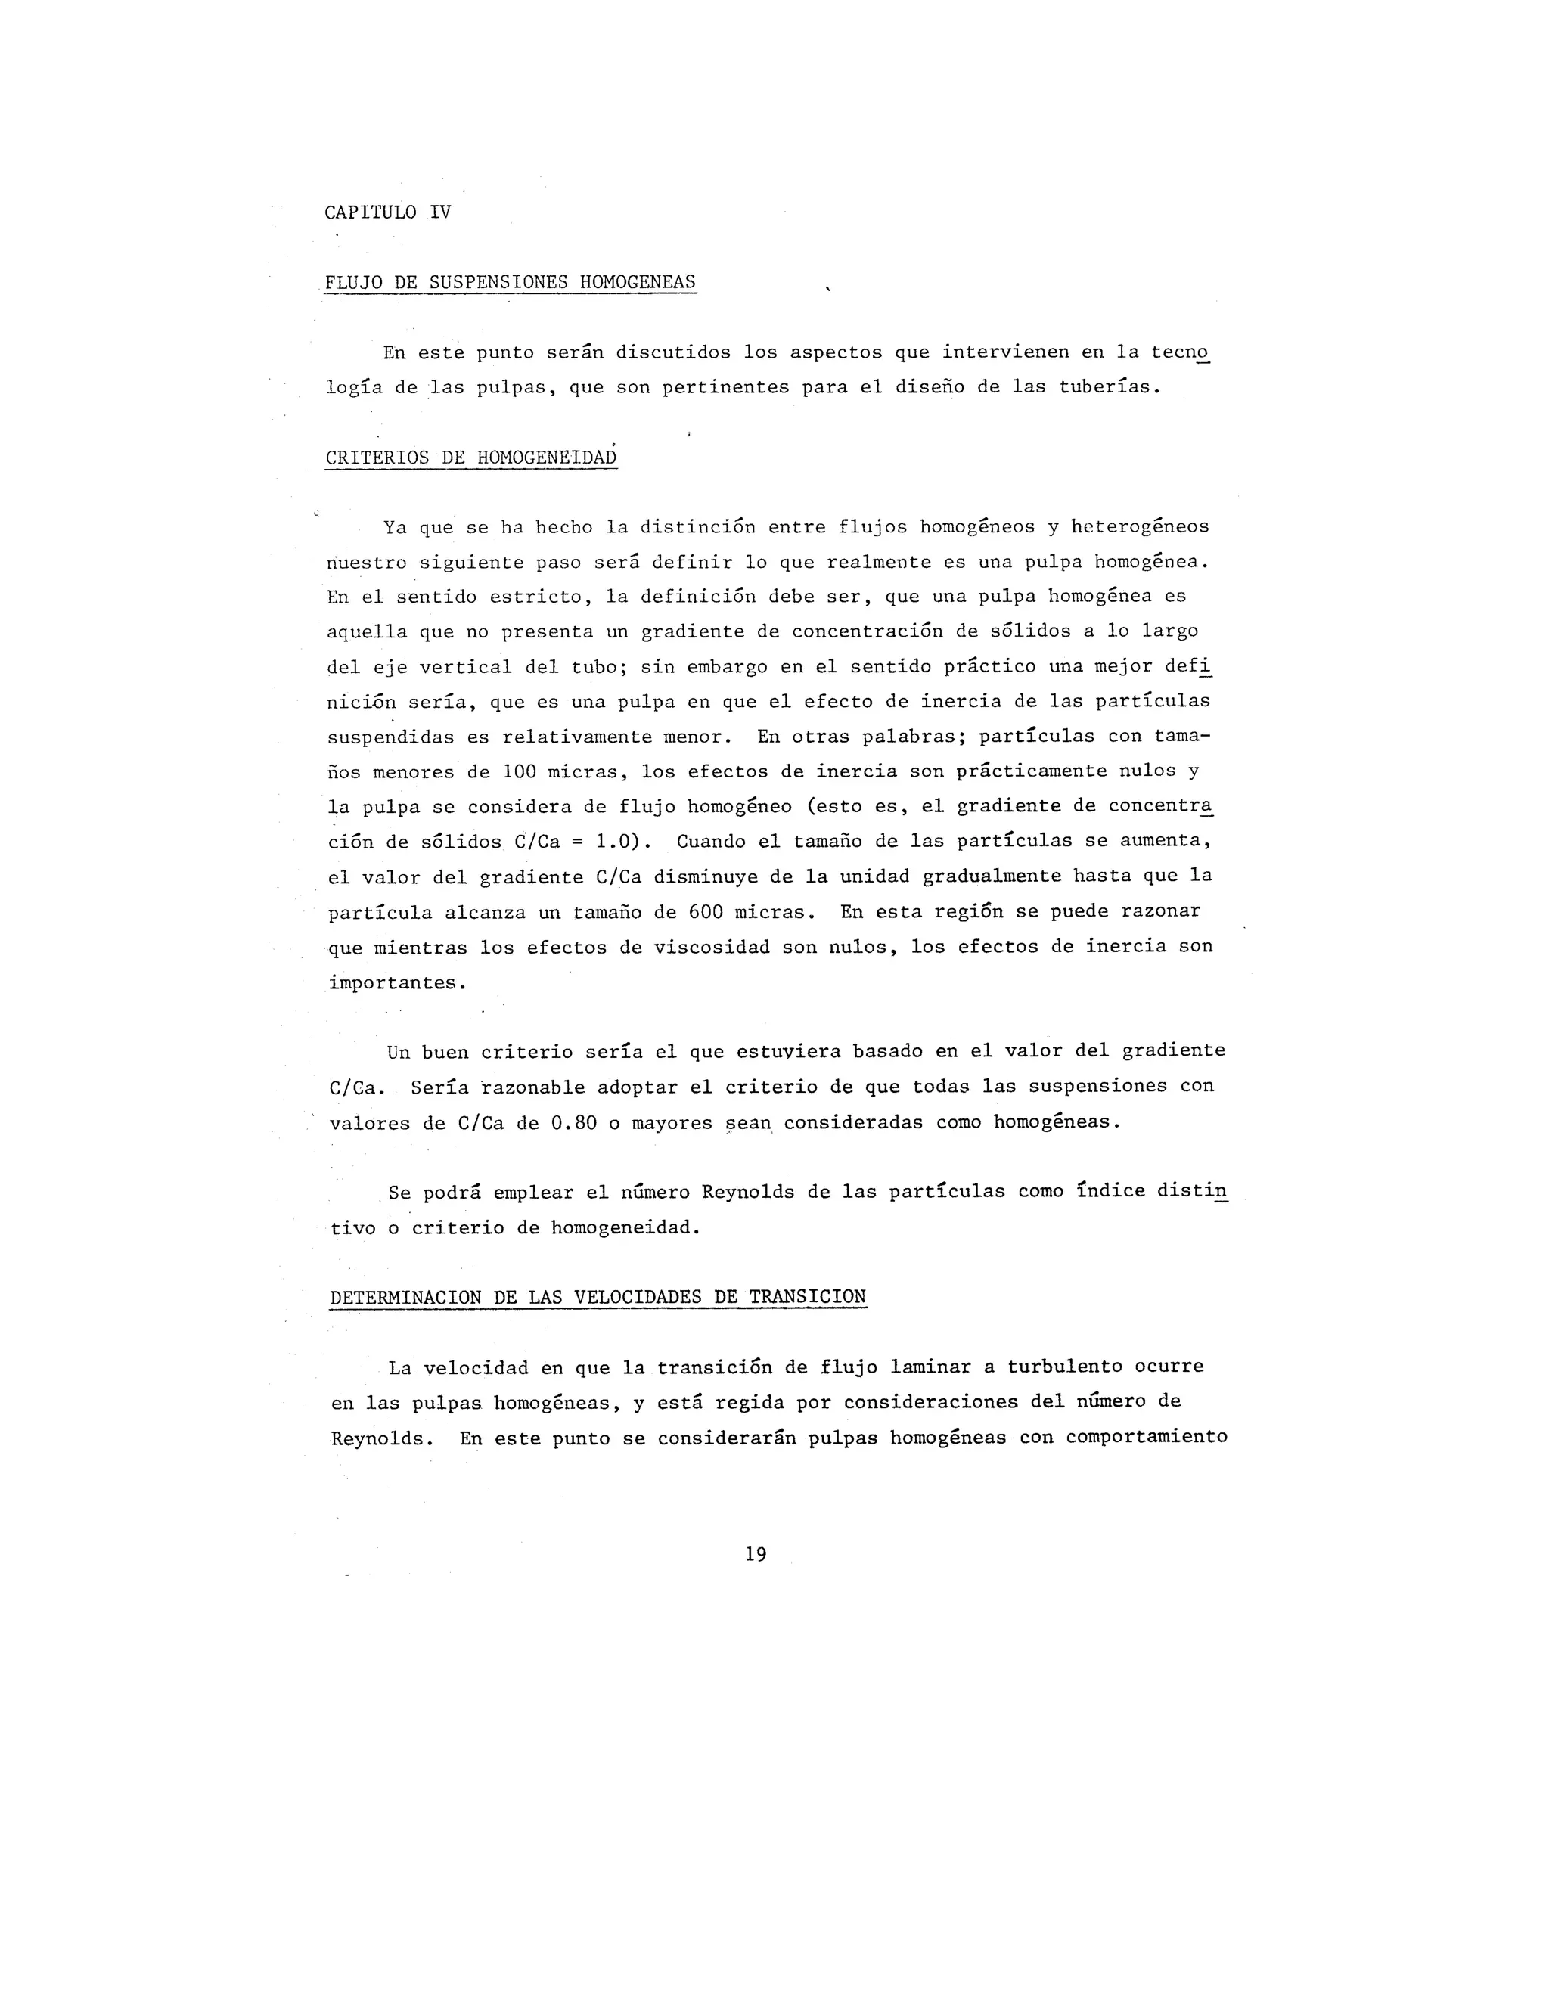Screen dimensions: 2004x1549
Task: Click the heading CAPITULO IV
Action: point(387,212)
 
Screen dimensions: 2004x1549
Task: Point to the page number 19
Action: point(756,1553)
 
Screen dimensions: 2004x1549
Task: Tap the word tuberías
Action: point(1109,387)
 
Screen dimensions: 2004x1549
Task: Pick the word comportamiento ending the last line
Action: point(1146,1437)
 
